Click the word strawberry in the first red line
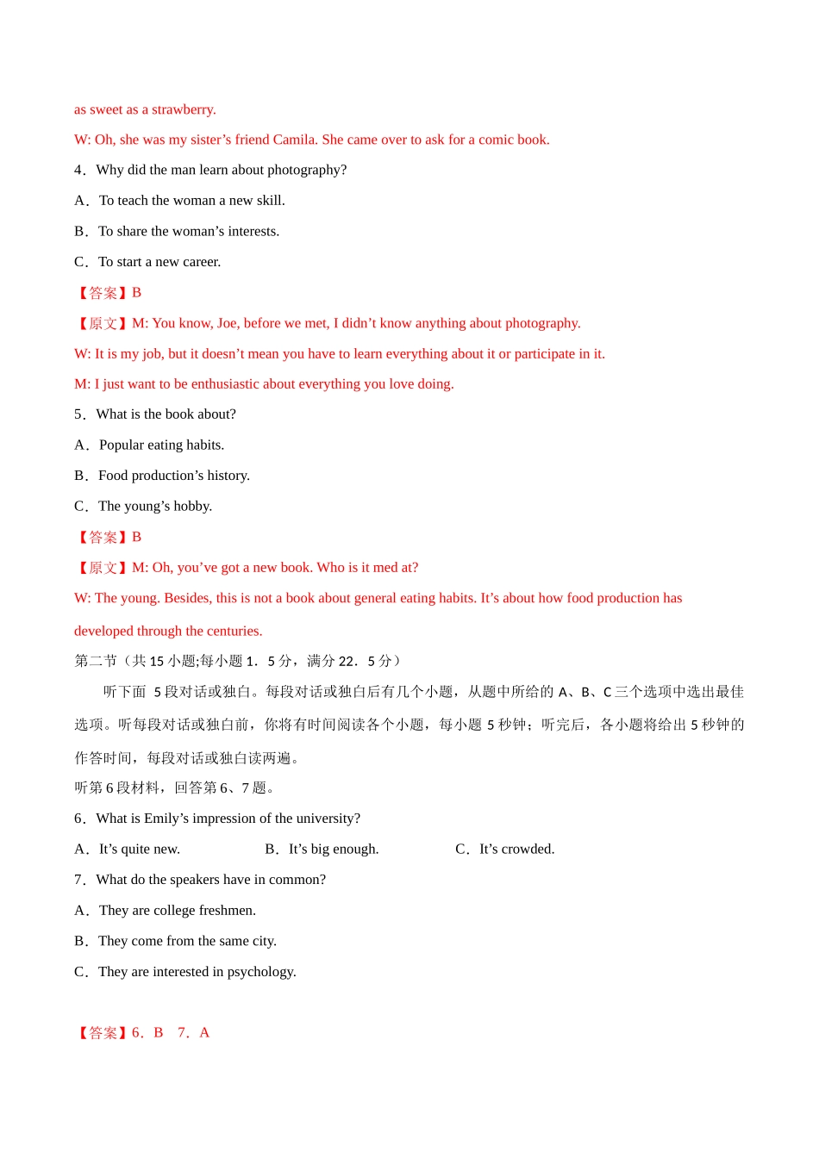click(183, 109)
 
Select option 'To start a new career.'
click(159, 262)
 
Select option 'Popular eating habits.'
click(161, 445)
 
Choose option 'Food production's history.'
click(174, 476)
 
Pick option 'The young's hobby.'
click(155, 507)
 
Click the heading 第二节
click(95, 661)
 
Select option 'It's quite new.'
click(139, 850)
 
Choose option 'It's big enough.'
click(334, 850)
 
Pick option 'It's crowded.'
click(516, 850)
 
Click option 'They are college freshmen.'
click(177, 911)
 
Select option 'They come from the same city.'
click(187, 942)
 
